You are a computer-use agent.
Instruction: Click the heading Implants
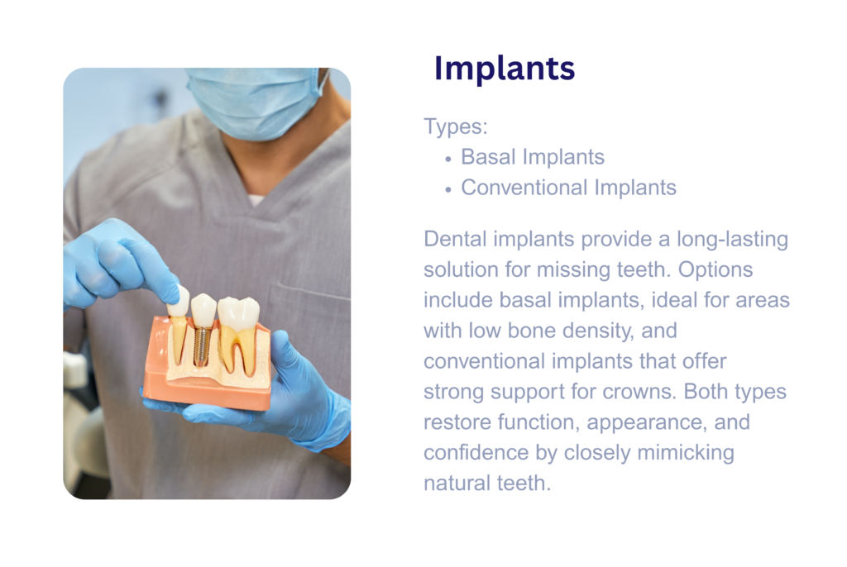pos(505,69)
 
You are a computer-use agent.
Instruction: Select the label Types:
pos(456,126)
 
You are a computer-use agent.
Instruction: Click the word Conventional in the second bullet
pos(524,188)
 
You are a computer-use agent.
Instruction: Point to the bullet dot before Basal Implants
pos(447,160)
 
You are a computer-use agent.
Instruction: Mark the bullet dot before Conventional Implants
pos(447,190)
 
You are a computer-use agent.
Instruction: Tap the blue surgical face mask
pos(253,102)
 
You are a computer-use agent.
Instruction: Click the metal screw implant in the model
pos(203,345)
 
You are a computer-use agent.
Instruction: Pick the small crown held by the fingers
pos(179,302)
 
